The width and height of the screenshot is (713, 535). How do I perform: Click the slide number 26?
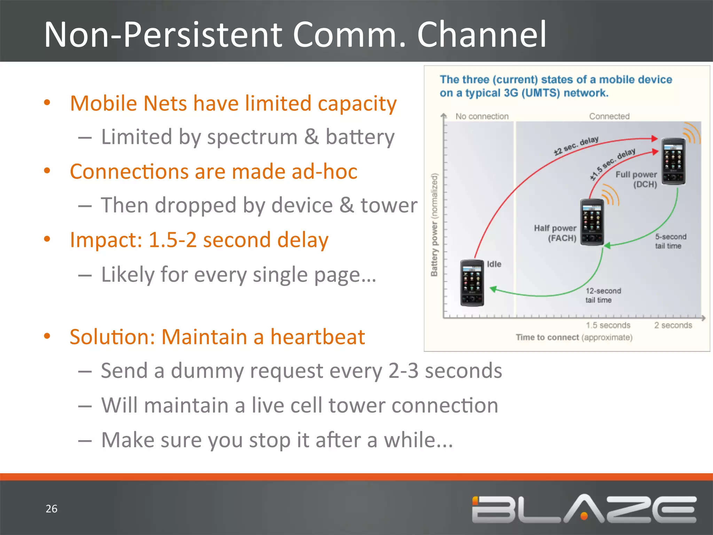click(52, 509)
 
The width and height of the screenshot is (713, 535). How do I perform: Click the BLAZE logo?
click(584, 509)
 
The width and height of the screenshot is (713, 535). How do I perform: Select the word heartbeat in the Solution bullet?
click(318, 337)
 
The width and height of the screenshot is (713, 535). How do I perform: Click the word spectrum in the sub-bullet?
click(252, 137)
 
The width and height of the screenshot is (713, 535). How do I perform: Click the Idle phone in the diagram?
click(472, 283)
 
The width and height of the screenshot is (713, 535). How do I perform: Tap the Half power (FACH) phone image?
click(592, 222)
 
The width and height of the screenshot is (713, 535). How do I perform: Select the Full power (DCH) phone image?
click(673, 161)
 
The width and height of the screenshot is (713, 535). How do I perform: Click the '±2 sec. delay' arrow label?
click(576, 145)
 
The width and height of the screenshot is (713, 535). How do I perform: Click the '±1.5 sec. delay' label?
click(612, 164)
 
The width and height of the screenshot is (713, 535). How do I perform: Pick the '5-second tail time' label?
click(670, 241)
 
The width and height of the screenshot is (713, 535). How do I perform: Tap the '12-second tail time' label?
click(603, 295)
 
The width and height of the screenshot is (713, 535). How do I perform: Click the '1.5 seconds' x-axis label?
click(608, 325)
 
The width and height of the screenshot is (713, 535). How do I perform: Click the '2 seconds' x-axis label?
click(673, 325)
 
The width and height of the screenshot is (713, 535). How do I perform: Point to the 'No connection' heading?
click(482, 116)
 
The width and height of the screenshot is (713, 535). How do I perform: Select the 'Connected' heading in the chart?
click(609, 116)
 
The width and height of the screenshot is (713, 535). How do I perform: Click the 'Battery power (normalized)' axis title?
click(434, 225)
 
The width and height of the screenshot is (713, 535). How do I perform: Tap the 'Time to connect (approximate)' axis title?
click(574, 337)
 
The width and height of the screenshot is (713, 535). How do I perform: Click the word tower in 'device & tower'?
click(389, 205)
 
